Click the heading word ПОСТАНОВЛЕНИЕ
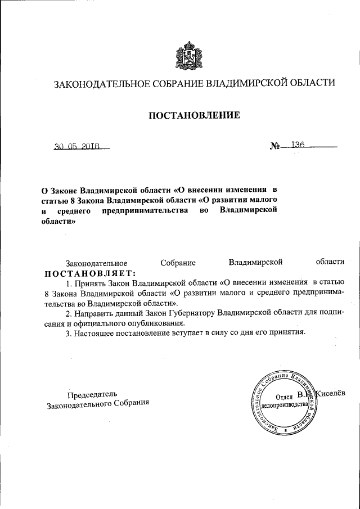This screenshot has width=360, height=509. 194,116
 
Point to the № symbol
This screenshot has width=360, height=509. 276,147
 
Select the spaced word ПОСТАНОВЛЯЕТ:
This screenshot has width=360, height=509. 91,273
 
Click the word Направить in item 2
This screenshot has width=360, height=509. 92,313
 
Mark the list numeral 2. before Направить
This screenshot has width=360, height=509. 69,313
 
